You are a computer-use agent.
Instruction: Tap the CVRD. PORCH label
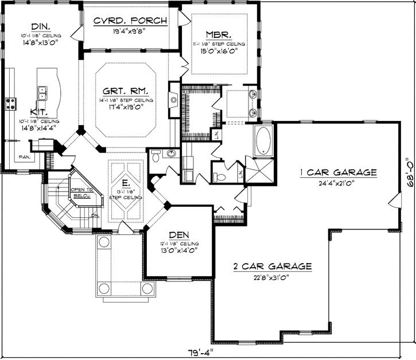pos(131,21)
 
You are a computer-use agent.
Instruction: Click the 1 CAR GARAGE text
pos(337,172)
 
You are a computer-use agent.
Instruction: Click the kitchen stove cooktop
pos(10,104)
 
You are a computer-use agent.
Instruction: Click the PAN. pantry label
pos(24,156)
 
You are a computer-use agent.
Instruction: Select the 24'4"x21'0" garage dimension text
pos(337,183)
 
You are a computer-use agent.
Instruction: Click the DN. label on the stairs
pos(94,216)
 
